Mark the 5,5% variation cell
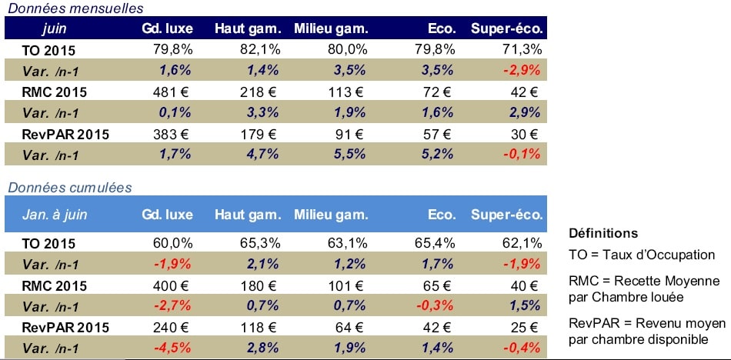coord(351,155)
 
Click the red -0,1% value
coord(522,155)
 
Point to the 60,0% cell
coord(174,244)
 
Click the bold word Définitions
coord(602,233)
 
